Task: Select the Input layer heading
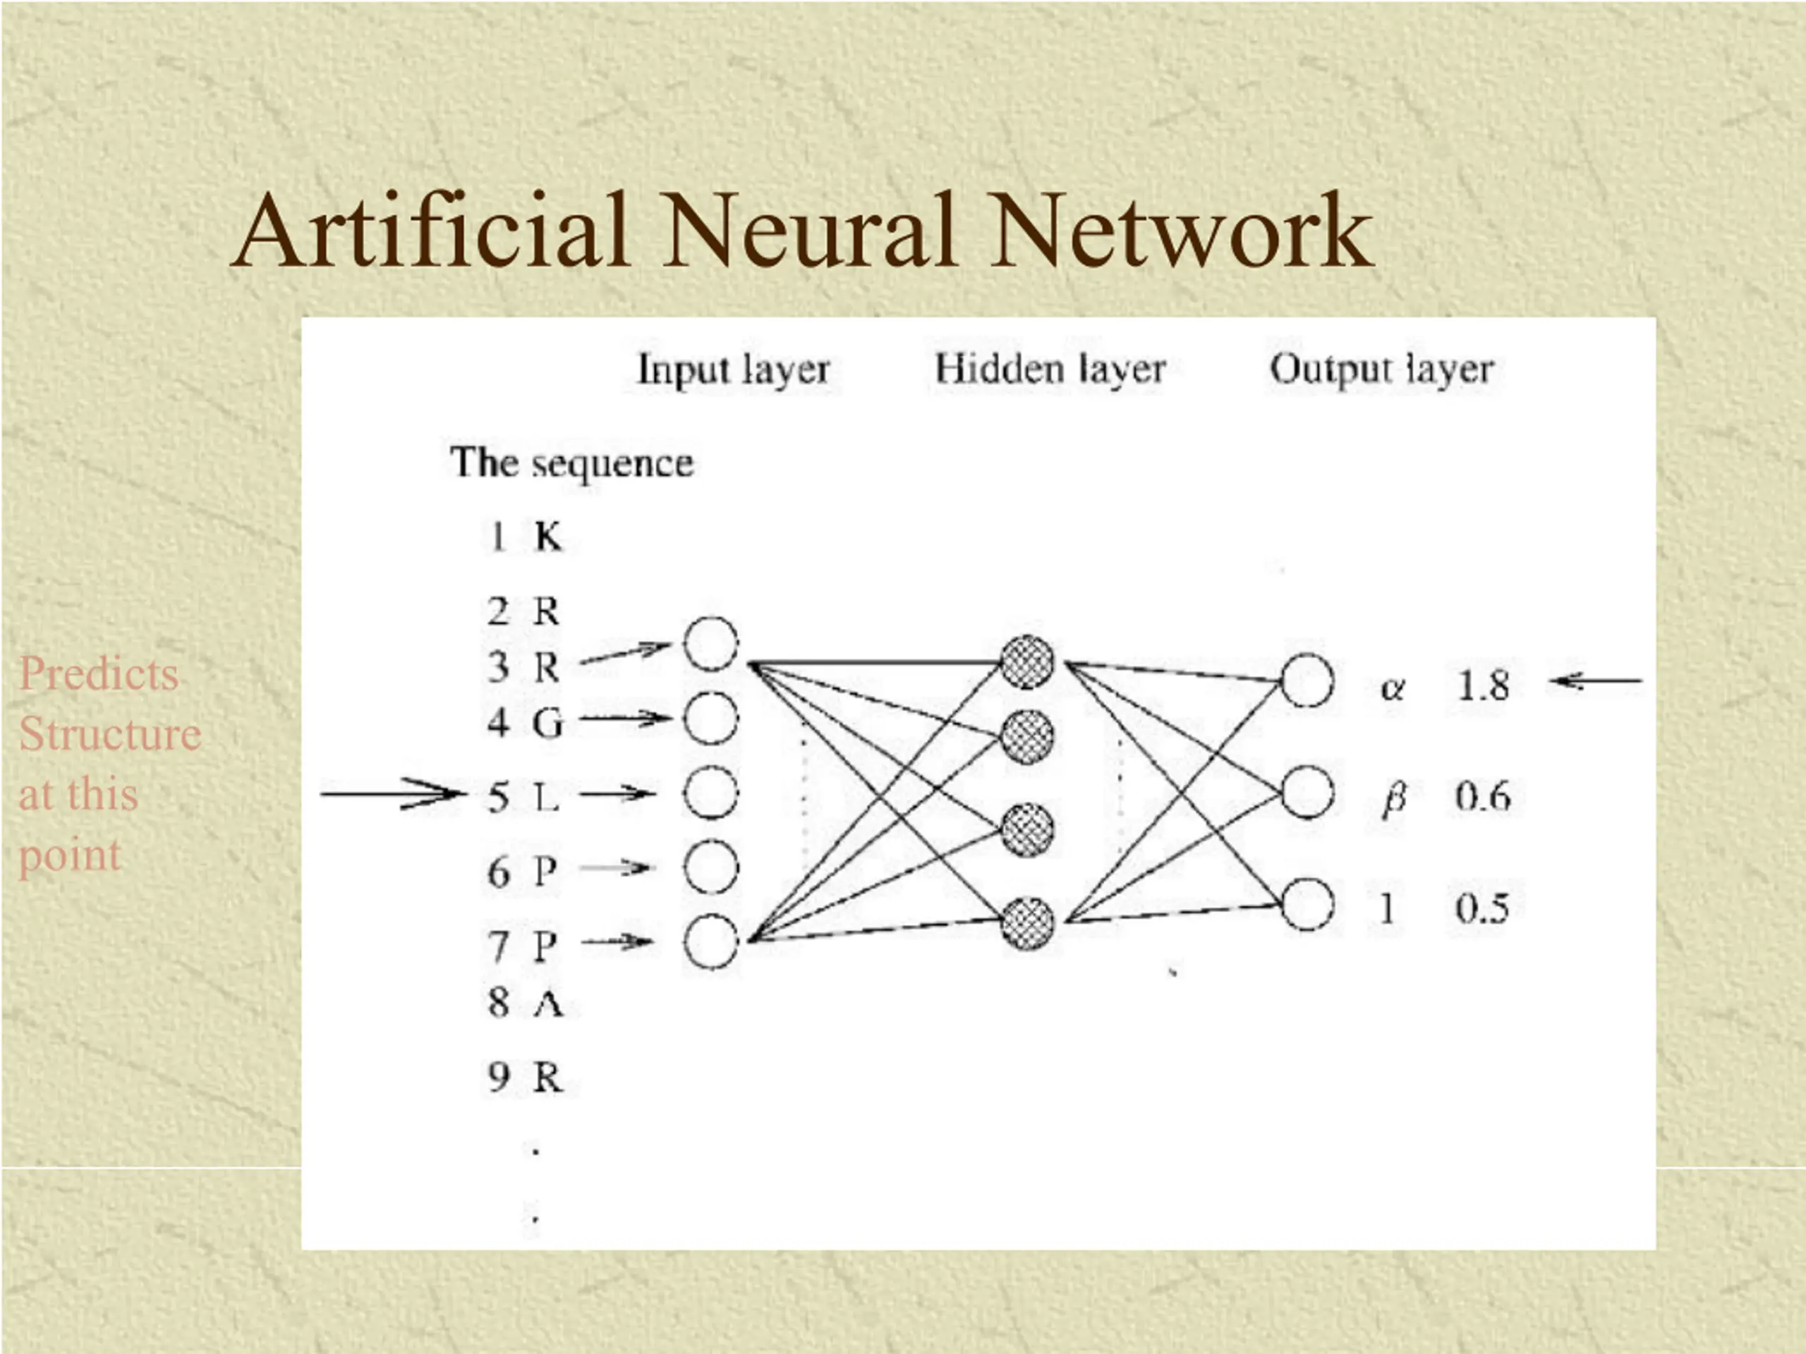pyautogui.click(x=733, y=370)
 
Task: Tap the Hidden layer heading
pyautogui.click(x=1050, y=370)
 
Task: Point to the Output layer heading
pyautogui.click(x=1381, y=370)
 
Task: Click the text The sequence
pyautogui.click(x=571, y=463)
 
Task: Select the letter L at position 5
pyautogui.click(x=546, y=797)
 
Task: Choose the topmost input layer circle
pyautogui.click(x=711, y=644)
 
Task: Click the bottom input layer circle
pyautogui.click(x=711, y=941)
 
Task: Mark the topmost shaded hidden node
pyautogui.click(x=1027, y=663)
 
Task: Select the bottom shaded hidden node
pyautogui.click(x=1027, y=923)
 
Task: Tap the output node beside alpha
pyautogui.click(x=1308, y=681)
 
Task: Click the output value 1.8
pyautogui.click(x=1484, y=685)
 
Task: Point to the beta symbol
pyautogui.click(x=1394, y=799)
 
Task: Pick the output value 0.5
pyautogui.click(x=1482, y=908)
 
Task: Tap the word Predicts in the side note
pyautogui.click(x=99, y=674)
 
